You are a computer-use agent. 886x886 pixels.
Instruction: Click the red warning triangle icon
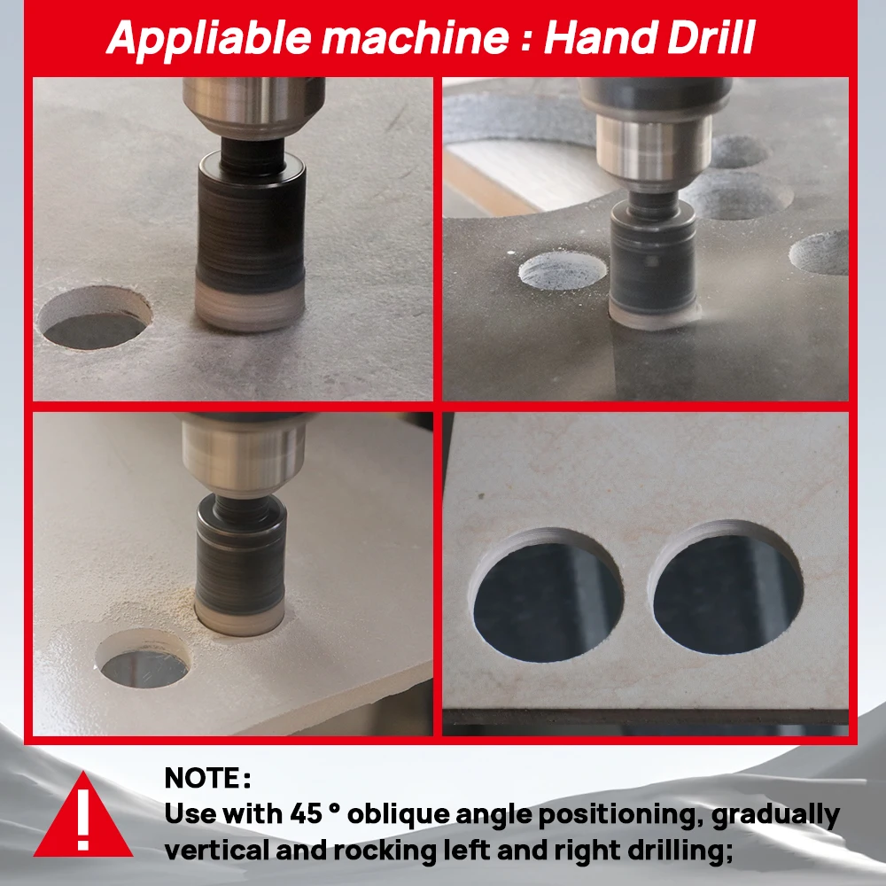[82, 816]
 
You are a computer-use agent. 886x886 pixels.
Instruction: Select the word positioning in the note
[597, 813]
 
